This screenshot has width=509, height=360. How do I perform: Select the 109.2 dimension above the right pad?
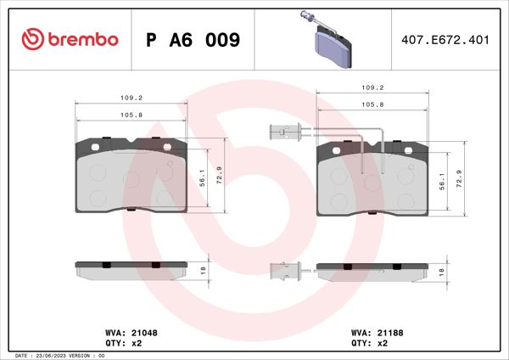pos(373,87)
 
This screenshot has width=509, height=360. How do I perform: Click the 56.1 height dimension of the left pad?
pos(203,181)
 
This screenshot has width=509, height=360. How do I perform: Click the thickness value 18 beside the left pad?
pos(203,269)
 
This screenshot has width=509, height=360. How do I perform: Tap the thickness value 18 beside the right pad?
pos(442,272)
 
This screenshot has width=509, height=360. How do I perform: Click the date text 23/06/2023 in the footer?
pos(56,355)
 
